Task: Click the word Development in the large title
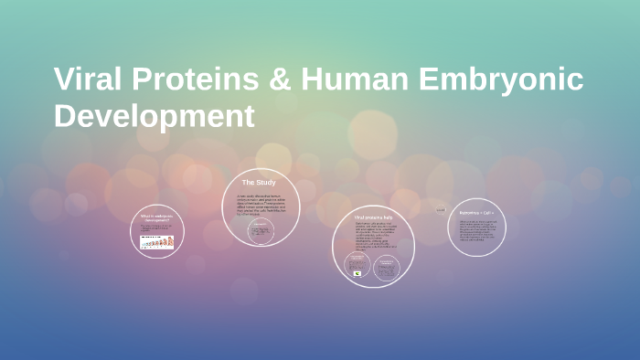click(154, 116)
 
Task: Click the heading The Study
click(259, 183)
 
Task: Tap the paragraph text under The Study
click(261, 203)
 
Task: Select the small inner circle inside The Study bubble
click(261, 231)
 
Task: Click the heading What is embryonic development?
click(156, 218)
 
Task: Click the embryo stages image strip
click(156, 242)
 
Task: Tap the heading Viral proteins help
click(372, 217)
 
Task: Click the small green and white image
click(357, 273)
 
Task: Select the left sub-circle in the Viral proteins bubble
click(357, 265)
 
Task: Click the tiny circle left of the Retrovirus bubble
click(441, 209)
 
